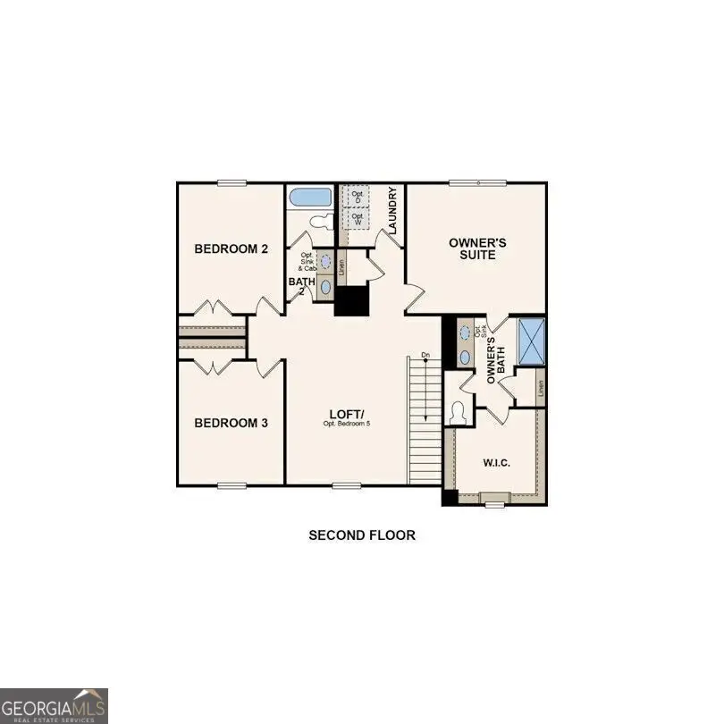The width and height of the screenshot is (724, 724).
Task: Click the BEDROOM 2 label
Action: click(x=232, y=248)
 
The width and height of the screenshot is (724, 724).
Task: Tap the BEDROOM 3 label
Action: click(x=232, y=423)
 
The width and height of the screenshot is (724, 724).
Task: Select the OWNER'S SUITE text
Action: click(x=477, y=248)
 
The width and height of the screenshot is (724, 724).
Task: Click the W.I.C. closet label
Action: click(x=496, y=461)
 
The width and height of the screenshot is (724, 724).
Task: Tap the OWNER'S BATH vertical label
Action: click(x=495, y=358)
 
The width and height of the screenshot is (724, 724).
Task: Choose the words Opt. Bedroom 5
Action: click(x=346, y=423)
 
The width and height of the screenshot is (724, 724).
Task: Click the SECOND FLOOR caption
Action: click(x=362, y=535)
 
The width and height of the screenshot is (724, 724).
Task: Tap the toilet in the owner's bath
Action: click(x=459, y=413)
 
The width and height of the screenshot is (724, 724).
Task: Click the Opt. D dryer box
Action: click(x=358, y=196)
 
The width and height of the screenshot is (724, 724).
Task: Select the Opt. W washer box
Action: click(x=358, y=217)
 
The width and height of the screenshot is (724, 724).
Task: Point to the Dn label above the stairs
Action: click(x=425, y=356)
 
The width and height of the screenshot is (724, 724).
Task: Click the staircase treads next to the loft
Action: click(x=425, y=429)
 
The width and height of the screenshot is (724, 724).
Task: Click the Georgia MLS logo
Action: click(x=54, y=705)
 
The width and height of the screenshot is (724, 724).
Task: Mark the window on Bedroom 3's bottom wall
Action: click(x=232, y=485)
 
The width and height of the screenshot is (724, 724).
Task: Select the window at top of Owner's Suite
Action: click(x=477, y=183)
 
